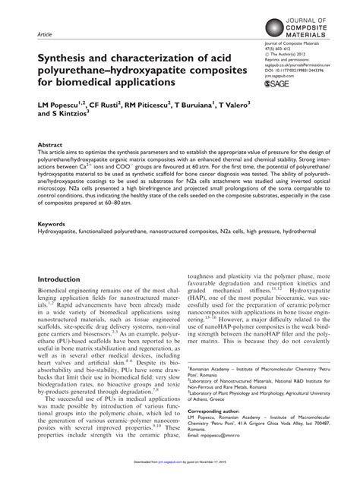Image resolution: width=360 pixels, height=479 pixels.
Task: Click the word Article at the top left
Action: [x=44, y=36]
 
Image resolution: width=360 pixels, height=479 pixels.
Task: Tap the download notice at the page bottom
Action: [x=180, y=471]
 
